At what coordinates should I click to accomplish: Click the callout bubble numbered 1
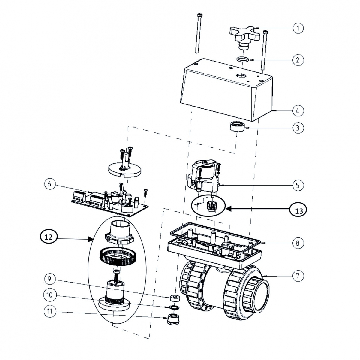[x=298, y=28]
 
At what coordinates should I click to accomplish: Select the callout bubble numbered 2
[x=298, y=60]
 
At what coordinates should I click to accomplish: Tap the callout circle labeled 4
[x=298, y=111]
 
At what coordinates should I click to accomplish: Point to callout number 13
[x=298, y=211]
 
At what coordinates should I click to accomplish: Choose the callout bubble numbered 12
[x=48, y=237]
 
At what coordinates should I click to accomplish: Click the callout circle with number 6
[x=50, y=184]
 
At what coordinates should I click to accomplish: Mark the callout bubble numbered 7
[x=298, y=276]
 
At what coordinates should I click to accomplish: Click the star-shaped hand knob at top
[x=244, y=34]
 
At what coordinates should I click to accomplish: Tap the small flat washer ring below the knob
[x=243, y=59]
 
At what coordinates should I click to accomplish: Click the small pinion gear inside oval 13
[x=211, y=207]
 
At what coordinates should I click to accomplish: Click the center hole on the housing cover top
[x=240, y=76]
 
